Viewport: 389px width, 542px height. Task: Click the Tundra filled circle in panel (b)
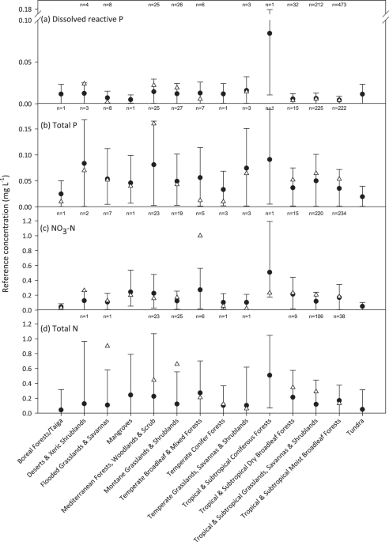click(362, 196)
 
